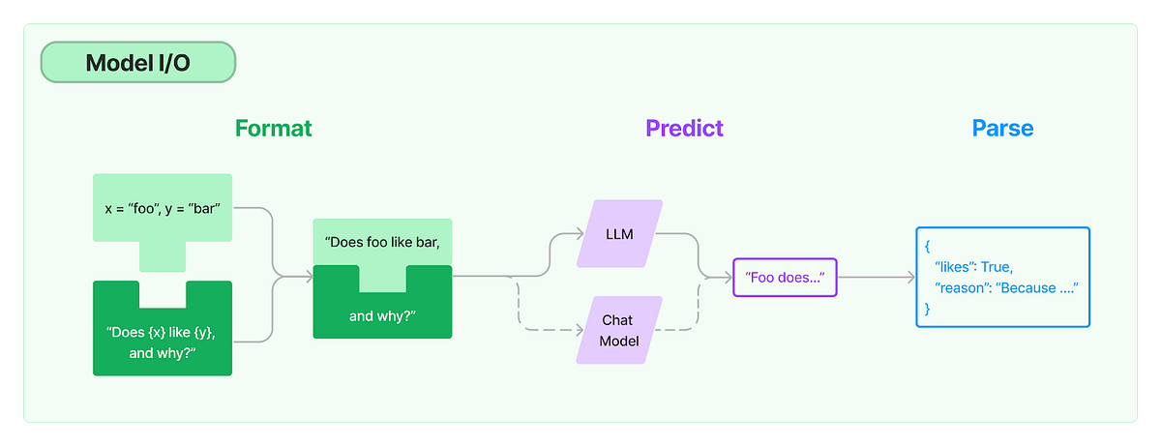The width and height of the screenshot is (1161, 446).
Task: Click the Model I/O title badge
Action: tap(138, 63)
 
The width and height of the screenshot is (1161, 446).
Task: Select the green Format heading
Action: tap(273, 128)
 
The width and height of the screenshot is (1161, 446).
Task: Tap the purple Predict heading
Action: tap(684, 128)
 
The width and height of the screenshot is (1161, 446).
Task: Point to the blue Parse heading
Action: tap(1002, 128)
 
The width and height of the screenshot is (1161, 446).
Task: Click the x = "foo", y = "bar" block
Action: tap(163, 208)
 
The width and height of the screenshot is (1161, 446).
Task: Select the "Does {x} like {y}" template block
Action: tap(163, 340)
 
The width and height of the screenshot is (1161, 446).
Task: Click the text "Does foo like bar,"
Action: tap(383, 242)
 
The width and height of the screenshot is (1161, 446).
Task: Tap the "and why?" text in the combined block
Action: tap(383, 315)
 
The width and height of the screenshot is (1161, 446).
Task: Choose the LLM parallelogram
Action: tap(619, 234)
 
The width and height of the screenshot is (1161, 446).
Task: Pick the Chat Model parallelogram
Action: tap(619, 330)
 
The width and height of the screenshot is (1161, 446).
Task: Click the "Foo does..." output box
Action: tap(785, 278)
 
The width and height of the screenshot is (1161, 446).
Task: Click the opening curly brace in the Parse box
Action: tap(927, 246)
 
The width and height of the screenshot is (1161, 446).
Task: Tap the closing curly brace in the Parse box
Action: tap(927, 309)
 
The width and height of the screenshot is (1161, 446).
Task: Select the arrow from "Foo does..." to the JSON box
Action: tap(876, 278)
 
